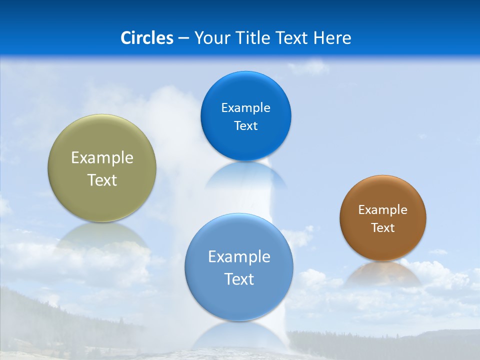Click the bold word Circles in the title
[x=146, y=38]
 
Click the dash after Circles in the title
[x=183, y=38]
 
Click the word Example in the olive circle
[x=102, y=158]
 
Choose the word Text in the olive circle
[x=102, y=180]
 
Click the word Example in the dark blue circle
[x=245, y=108]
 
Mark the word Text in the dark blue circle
[x=245, y=126]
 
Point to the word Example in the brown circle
[x=383, y=210]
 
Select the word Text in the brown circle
[x=383, y=228]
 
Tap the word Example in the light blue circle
[x=239, y=257]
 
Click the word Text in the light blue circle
[x=239, y=279]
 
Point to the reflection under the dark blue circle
[x=245, y=175]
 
